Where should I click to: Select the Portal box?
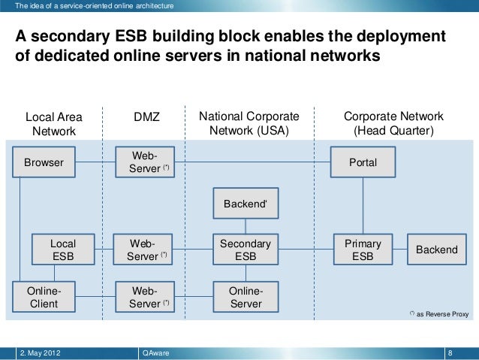363,162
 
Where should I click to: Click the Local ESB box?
62,250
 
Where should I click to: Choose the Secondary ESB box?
245,250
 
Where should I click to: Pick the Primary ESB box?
363,250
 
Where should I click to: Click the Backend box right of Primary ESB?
436,250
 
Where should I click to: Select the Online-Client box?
43,297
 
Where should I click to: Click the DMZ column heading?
147,117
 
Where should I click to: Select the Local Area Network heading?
53,124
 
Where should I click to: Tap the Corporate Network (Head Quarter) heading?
393,124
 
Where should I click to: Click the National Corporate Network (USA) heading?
248,124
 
